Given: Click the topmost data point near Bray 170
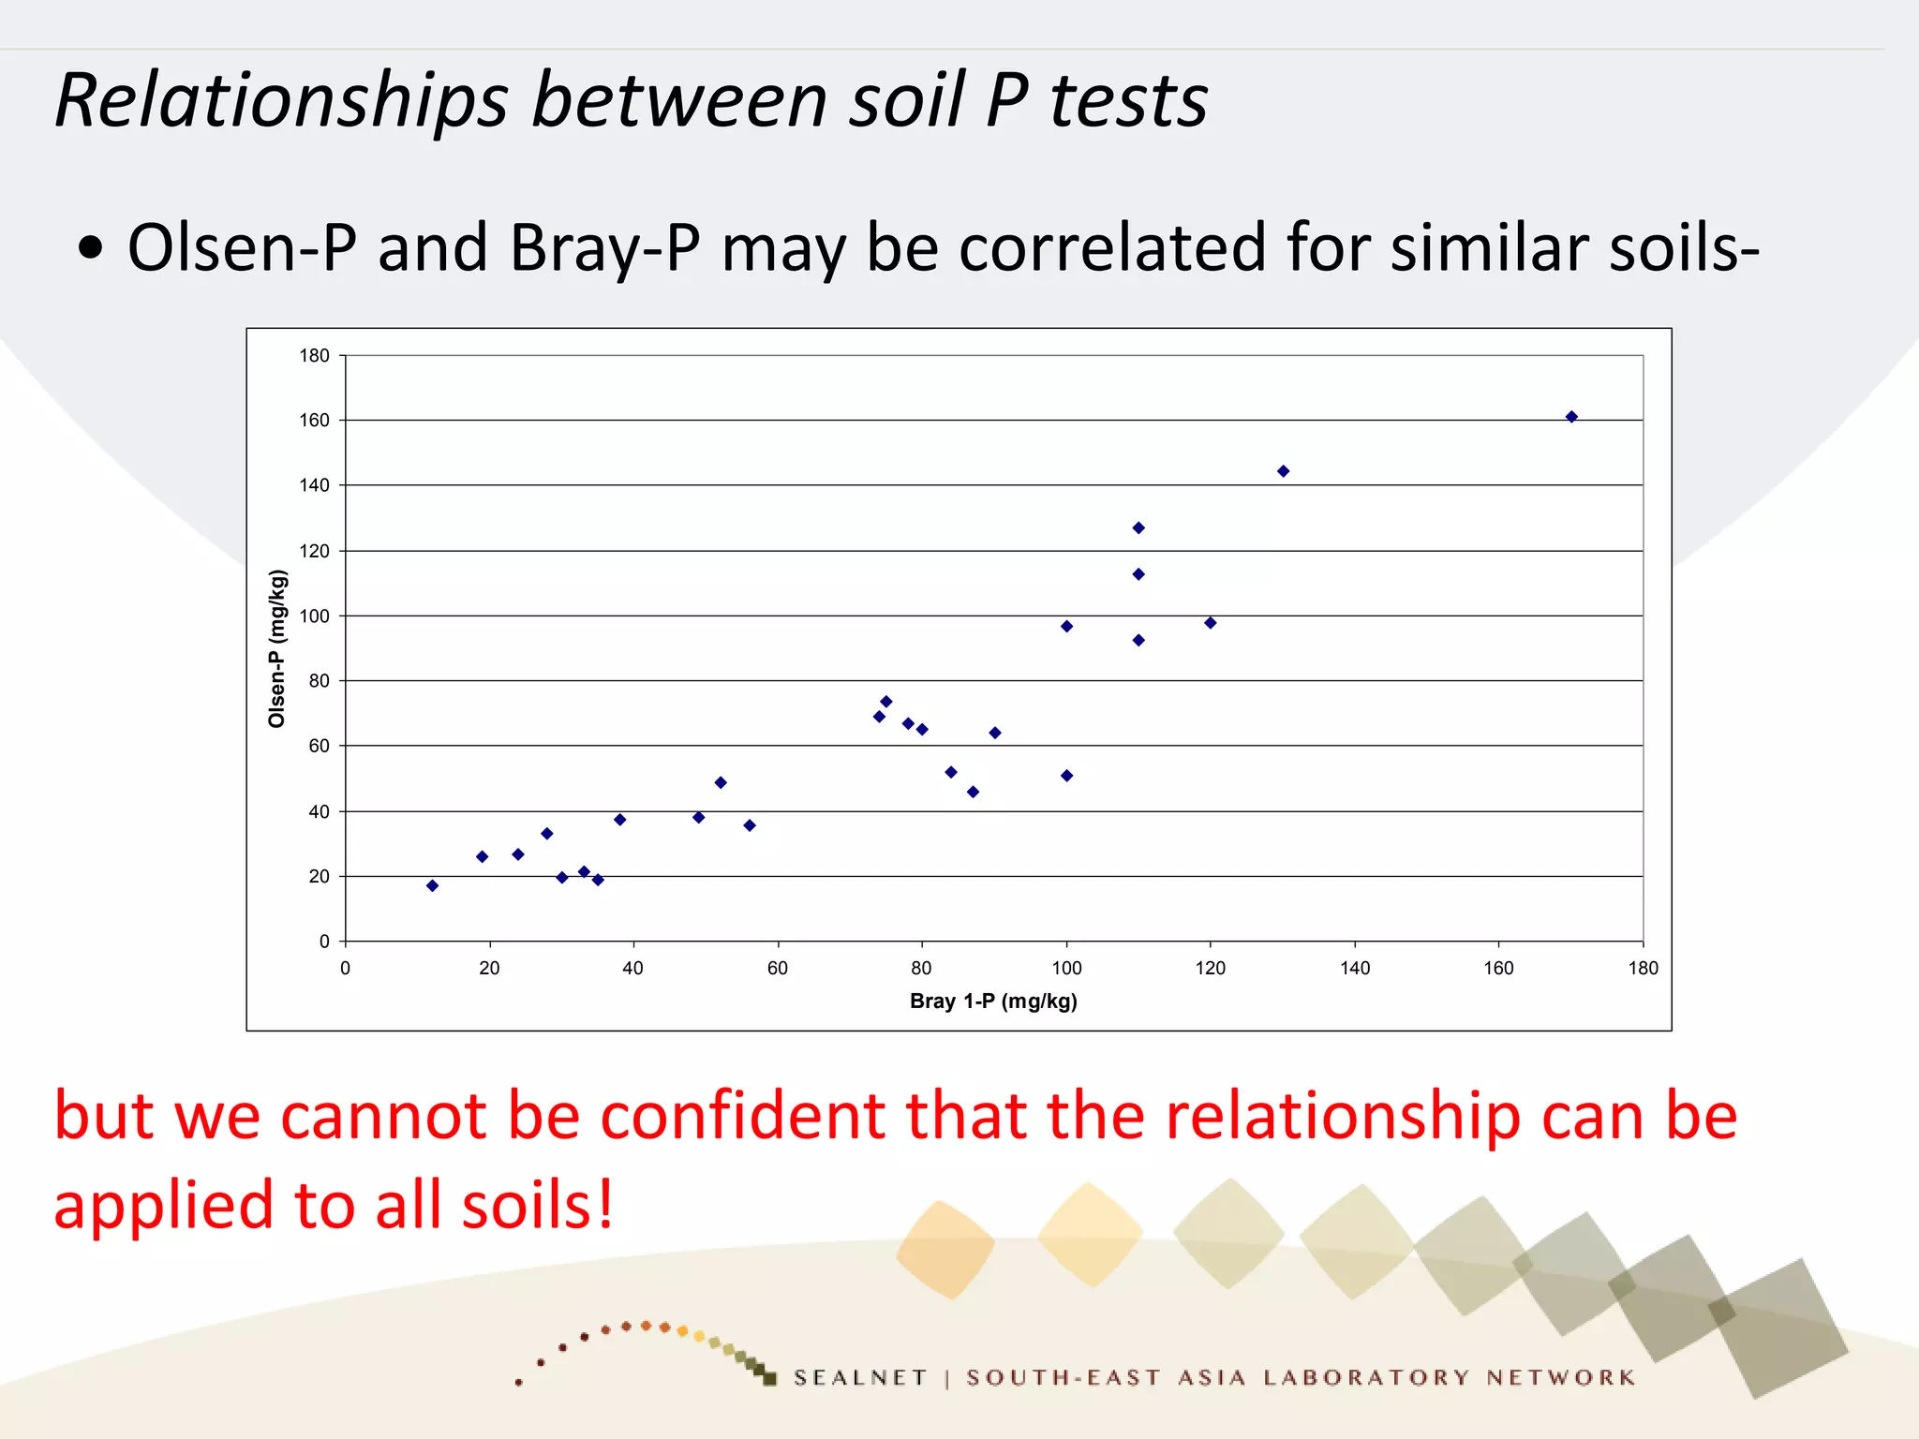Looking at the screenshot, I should [x=1571, y=417].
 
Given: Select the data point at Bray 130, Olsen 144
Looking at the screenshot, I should [x=1283, y=471].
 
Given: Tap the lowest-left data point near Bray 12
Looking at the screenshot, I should [x=432, y=885].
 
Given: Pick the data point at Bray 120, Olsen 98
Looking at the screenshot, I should [x=1210, y=623].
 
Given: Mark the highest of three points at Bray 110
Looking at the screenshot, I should [x=1138, y=528].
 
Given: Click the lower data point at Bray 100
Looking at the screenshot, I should [x=1066, y=776].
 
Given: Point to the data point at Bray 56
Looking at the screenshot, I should [x=750, y=825].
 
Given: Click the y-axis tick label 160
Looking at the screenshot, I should [x=315, y=421].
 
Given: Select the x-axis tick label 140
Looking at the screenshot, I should [x=1355, y=969].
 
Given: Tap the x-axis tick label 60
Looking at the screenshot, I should [x=778, y=969].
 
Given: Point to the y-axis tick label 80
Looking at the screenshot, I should [x=320, y=681].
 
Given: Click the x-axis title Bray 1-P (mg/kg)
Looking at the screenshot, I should [x=993, y=1001].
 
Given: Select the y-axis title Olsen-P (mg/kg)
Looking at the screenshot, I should [x=276, y=648].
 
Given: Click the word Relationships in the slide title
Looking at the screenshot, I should [x=281, y=101].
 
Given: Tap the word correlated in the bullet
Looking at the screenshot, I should [x=1112, y=248].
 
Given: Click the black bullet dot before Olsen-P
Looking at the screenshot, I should [x=91, y=249].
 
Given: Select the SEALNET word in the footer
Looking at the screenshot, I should [x=860, y=1378].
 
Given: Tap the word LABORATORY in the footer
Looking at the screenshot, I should [x=1366, y=1378].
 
